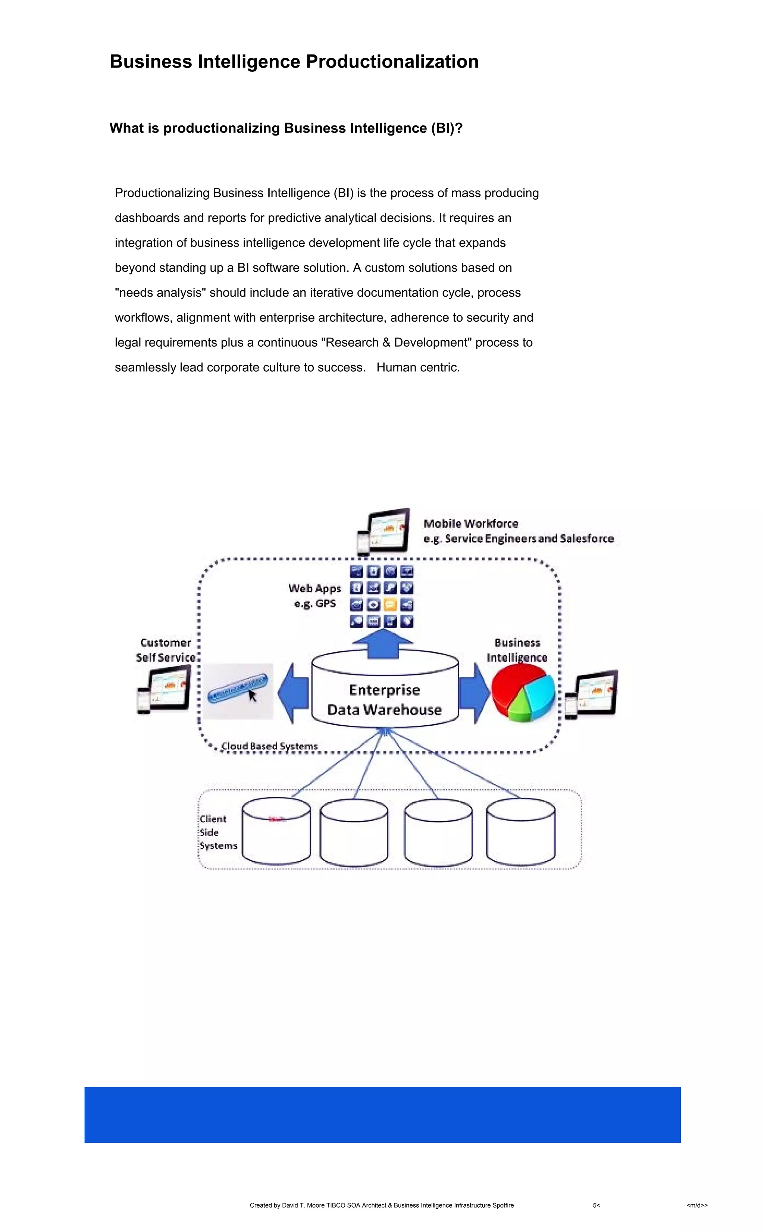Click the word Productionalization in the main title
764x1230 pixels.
[392, 62]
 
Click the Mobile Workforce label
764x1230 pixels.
[470, 524]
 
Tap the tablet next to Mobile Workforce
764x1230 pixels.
[388, 531]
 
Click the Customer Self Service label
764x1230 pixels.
[165, 650]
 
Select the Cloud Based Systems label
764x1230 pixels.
[269, 746]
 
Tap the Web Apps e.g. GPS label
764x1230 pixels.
[315, 596]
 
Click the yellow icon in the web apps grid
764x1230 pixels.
[390, 605]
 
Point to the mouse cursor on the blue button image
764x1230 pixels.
[252, 695]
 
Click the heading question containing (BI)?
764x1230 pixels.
[286, 128]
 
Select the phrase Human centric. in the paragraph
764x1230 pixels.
[418, 367]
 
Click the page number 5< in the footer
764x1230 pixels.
[596, 1205]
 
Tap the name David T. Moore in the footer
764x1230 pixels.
[303, 1205]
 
